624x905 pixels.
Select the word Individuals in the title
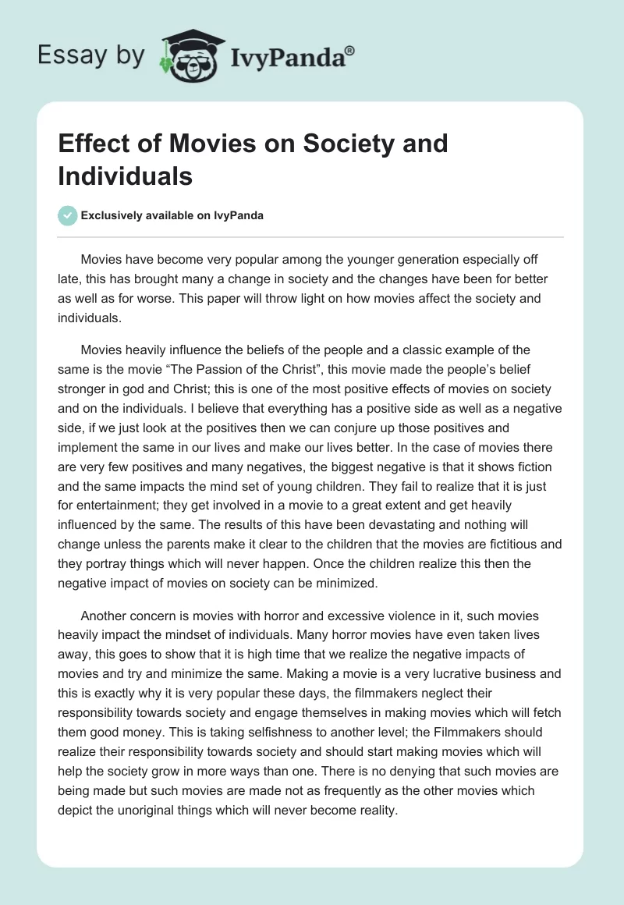[x=125, y=176]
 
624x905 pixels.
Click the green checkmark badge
[x=68, y=215]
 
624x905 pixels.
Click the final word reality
[x=375, y=809]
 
